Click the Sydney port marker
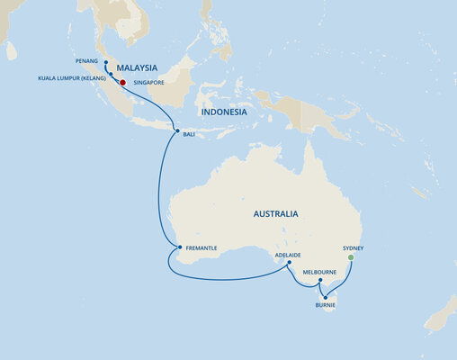point(351,257)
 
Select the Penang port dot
point(105,63)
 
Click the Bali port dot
point(177,132)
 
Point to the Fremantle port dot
point(179,247)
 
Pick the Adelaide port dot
point(289,264)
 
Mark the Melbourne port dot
point(320,281)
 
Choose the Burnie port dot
point(325,296)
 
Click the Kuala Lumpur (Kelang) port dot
point(111,75)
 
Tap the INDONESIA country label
point(224,112)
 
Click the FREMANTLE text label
point(202,247)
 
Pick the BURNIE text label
point(326,306)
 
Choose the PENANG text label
point(87,63)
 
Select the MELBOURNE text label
point(320,271)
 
